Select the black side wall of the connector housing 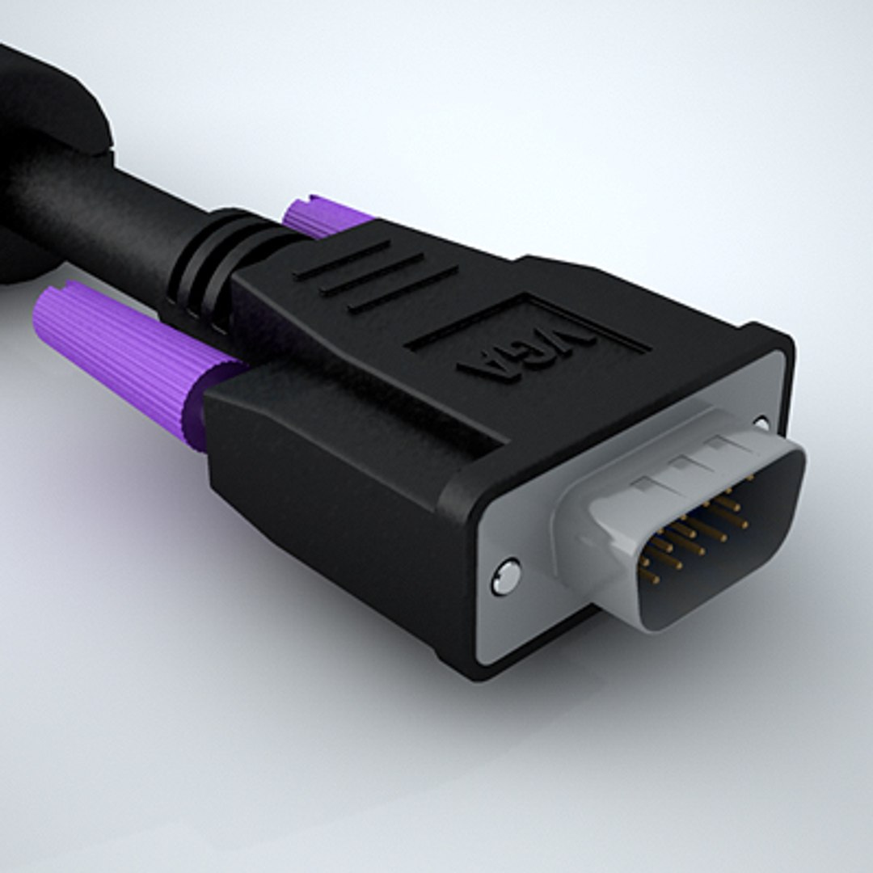(339, 501)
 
